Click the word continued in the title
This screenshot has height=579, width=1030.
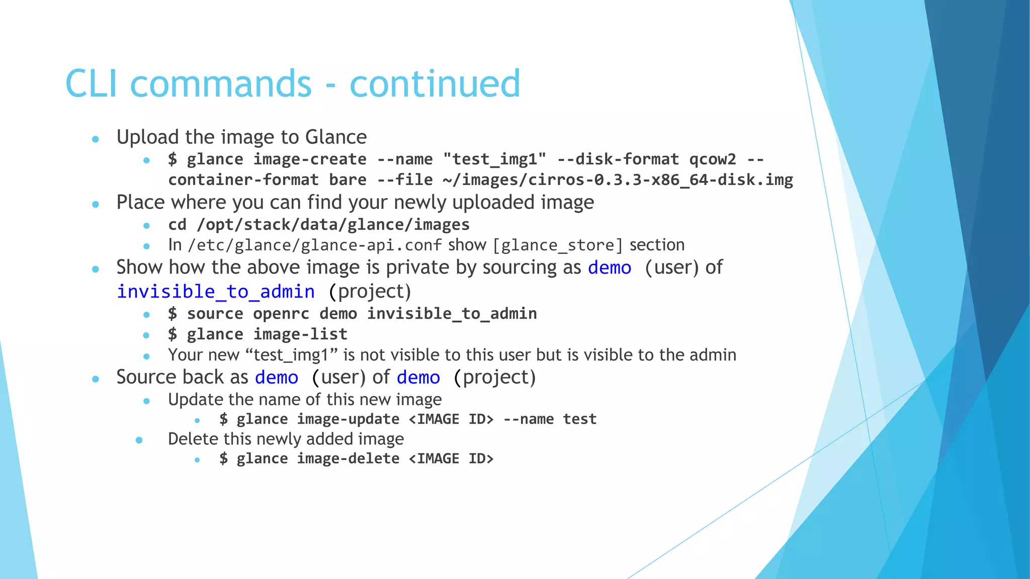coord(435,84)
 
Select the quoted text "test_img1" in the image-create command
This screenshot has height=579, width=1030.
coord(494,159)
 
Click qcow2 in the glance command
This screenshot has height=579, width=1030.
coord(712,159)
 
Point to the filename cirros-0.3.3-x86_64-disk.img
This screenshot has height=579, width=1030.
coord(660,180)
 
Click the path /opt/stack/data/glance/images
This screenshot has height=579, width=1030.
coord(333,225)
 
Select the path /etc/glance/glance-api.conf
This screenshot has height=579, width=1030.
coord(315,245)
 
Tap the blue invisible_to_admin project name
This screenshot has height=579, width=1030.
coord(216,292)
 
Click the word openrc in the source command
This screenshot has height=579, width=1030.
coord(281,314)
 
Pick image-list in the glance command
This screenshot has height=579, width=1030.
coord(300,334)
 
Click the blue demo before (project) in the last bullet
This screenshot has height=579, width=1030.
coord(418,377)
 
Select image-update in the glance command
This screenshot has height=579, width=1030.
coord(348,419)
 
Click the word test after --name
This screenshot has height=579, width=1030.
coord(579,419)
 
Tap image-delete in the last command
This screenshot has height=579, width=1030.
coord(348,459)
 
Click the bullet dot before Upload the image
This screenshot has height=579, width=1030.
coord(96,139)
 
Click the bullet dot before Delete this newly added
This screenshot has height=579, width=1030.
coord(139,440)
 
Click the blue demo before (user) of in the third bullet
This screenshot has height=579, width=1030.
coord(609,268)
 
